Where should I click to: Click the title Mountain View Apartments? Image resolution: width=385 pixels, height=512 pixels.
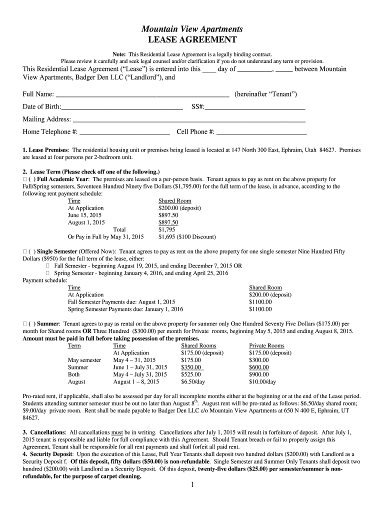click(192, 29)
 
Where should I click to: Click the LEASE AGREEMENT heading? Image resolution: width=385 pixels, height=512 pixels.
click(192, 40)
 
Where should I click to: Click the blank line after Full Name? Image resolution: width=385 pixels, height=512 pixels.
click(142, 94)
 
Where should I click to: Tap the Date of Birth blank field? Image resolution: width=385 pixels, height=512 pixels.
click(122, 107)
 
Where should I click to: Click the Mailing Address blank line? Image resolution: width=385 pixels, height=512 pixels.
click(189, 119)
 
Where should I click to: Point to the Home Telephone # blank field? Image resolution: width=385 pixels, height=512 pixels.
click(124, 132)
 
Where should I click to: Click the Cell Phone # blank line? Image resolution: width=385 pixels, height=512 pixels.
click(261, 132)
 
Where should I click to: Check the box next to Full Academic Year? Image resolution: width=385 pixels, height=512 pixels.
click(25, 178)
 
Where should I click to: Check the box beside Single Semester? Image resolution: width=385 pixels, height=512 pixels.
click(25, 251)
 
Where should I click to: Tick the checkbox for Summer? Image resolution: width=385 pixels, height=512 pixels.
click(25, 324)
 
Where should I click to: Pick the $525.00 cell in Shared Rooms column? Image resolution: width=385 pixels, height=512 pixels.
click(191, 374)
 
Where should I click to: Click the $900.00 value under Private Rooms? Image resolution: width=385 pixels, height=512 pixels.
click(258, 374)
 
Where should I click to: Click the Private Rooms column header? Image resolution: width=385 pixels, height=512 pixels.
click(266, 345)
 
